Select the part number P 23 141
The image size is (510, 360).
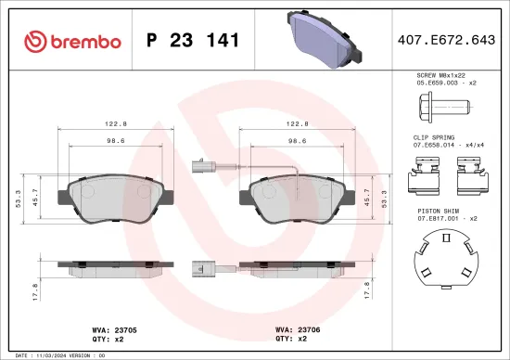click(194, 41)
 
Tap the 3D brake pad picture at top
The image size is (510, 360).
click(321, 41)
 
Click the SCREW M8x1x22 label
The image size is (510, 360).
click(441, 75)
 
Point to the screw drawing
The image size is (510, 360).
click(440, 106)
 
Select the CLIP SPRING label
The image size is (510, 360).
click(435, 136)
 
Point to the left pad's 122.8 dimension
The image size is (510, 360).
click(115, 122)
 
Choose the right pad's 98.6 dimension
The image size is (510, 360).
click(298, 141)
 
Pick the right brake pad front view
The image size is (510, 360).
click(297, 200)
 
